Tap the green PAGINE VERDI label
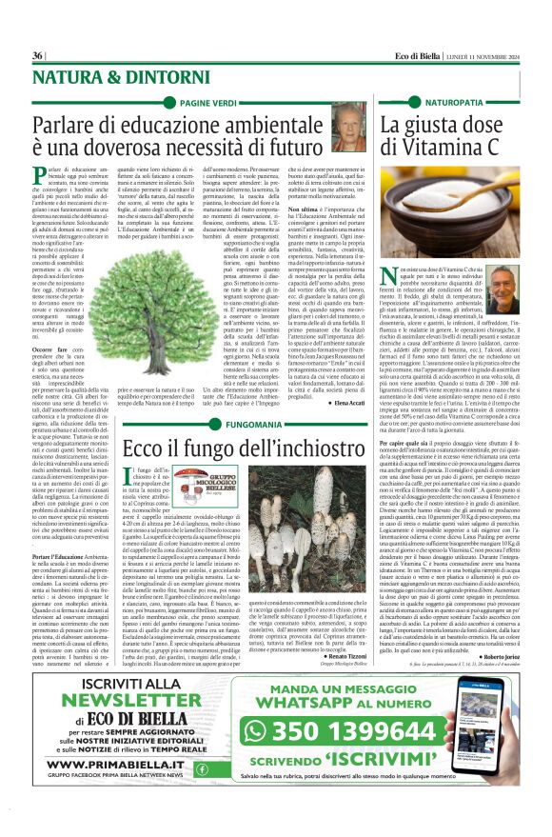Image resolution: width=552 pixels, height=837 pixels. coord(208,101)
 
